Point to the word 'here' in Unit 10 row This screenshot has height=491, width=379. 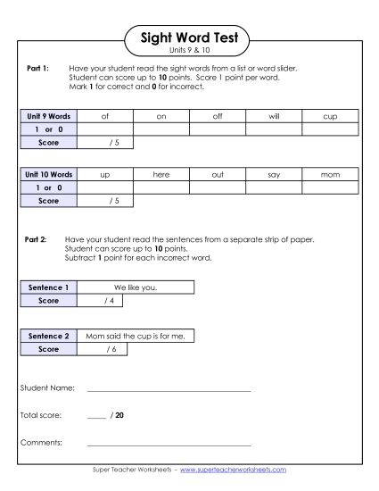click(x=161, y=175)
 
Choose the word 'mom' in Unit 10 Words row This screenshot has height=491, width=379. click(x=331, y=175)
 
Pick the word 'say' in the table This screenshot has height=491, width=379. click(x=274, y=175)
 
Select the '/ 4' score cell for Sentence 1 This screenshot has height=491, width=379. click(x=109, y=301)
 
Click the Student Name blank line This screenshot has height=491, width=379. click(x=169, y=391)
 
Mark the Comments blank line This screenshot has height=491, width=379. click(x=169, y=444)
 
